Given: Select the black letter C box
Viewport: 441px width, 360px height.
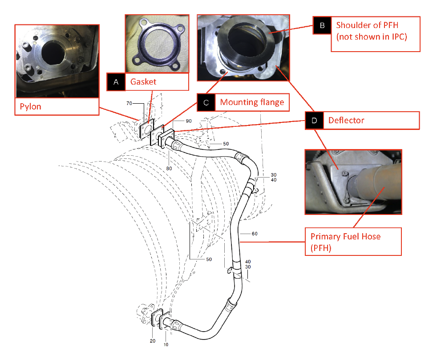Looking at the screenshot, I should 206,102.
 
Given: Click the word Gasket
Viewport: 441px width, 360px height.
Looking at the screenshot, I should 143,82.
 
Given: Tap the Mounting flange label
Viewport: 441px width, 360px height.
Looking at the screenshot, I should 252,102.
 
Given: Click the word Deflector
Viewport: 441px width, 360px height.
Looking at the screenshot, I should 346,121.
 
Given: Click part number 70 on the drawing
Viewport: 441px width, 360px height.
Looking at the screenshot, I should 129,103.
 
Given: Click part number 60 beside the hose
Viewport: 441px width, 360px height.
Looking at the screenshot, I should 255,233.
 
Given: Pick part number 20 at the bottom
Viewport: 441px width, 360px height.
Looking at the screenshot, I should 153,341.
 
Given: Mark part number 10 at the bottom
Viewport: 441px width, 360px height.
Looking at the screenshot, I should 166,344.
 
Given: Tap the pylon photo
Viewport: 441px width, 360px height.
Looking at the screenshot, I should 57,61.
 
